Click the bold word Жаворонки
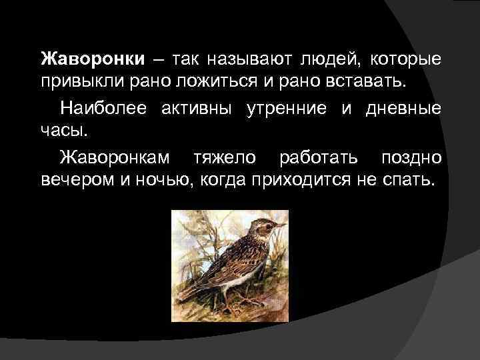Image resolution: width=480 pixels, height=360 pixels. (92, 59)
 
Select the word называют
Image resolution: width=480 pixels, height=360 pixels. (239, 59)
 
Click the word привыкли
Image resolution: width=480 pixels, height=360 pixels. (79, 82)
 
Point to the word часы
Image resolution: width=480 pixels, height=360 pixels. (60, 130)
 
